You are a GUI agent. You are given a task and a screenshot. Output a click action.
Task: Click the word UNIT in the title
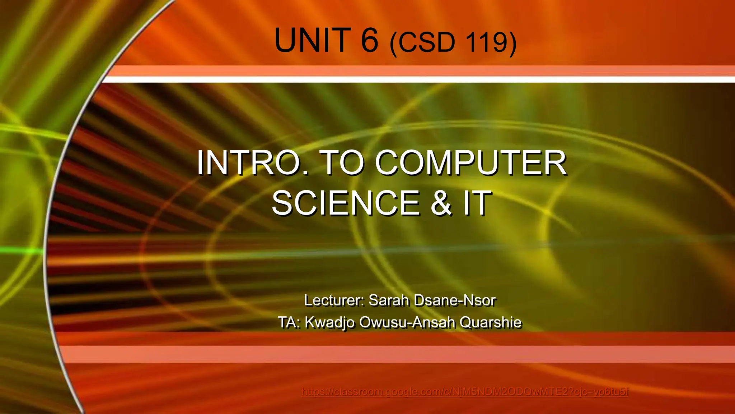pyautogui.click(x=312, y=40)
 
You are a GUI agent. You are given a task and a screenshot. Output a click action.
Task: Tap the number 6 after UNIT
pyautogui.click(x=370, y=40)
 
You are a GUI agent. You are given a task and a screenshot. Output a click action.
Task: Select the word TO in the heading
pyautogui.click(x=342, y=163)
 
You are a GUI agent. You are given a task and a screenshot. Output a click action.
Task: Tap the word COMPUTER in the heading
pyautogui.click(x=471, y=163)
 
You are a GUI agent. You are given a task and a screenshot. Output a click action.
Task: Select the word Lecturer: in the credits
pyautogui.click(x=334, y=300)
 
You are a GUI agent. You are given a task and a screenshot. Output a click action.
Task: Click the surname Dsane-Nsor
pyautogui.click(x=455, y=300)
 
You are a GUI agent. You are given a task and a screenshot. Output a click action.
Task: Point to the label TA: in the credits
pyautogui.click(x=289, y=322)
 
